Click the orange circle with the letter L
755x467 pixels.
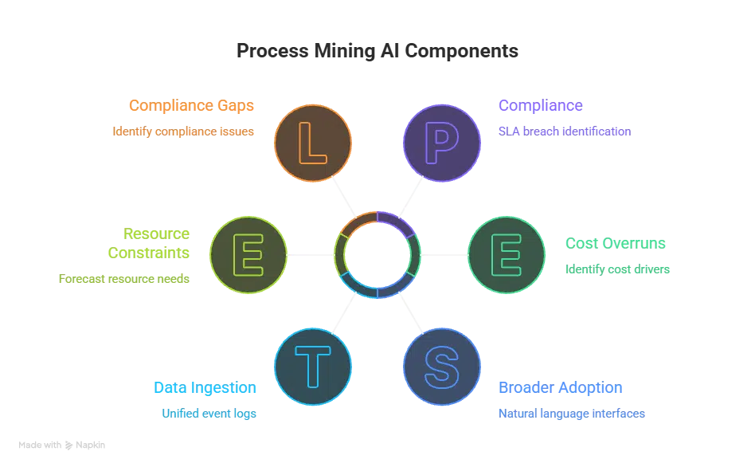(x=312, y=143)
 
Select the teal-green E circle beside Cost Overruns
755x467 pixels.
(x=507, y=255)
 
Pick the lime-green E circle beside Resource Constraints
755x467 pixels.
(x=248, y=255)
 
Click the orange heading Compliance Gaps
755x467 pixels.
(x=191, y=106)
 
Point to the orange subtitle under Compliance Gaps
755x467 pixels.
(x=183, y=132)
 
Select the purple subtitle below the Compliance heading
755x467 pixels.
(x=564, y=132)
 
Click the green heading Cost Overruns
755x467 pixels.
(x=616, y=243)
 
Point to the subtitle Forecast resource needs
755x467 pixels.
(x=124, y=281)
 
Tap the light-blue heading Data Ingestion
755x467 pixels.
(x=205, y=388)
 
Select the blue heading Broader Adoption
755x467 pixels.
(x=561, y=388)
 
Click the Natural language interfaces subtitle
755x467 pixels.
(x=573, y=414)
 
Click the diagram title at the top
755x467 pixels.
(x=377, y=49)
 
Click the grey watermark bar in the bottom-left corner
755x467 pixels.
(x=64, y=446)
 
